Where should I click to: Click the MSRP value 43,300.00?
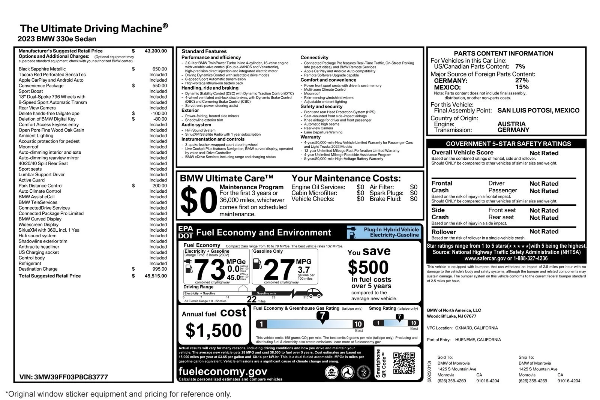coord(156,51)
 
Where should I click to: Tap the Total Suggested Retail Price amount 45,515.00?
coord(156,276)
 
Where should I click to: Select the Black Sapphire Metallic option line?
coord(42,69)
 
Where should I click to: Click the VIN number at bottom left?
coord(63,377)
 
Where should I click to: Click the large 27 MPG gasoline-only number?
coord(279,270)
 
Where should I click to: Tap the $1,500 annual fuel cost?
coord(214,331)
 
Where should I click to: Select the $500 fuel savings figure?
coord(368,267)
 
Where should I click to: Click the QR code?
coord(404,363)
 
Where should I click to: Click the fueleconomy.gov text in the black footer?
coord(223,371)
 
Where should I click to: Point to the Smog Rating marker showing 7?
coord(400,317)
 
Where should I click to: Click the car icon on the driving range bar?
coord(317,293)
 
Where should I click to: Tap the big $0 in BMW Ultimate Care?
coord(198,201)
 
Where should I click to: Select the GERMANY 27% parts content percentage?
coord(522,80)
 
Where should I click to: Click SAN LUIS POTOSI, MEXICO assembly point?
coord(538,111)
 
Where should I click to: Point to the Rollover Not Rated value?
coord(544,232)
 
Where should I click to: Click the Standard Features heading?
coord(204,51)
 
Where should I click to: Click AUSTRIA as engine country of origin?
coord(511,124)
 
